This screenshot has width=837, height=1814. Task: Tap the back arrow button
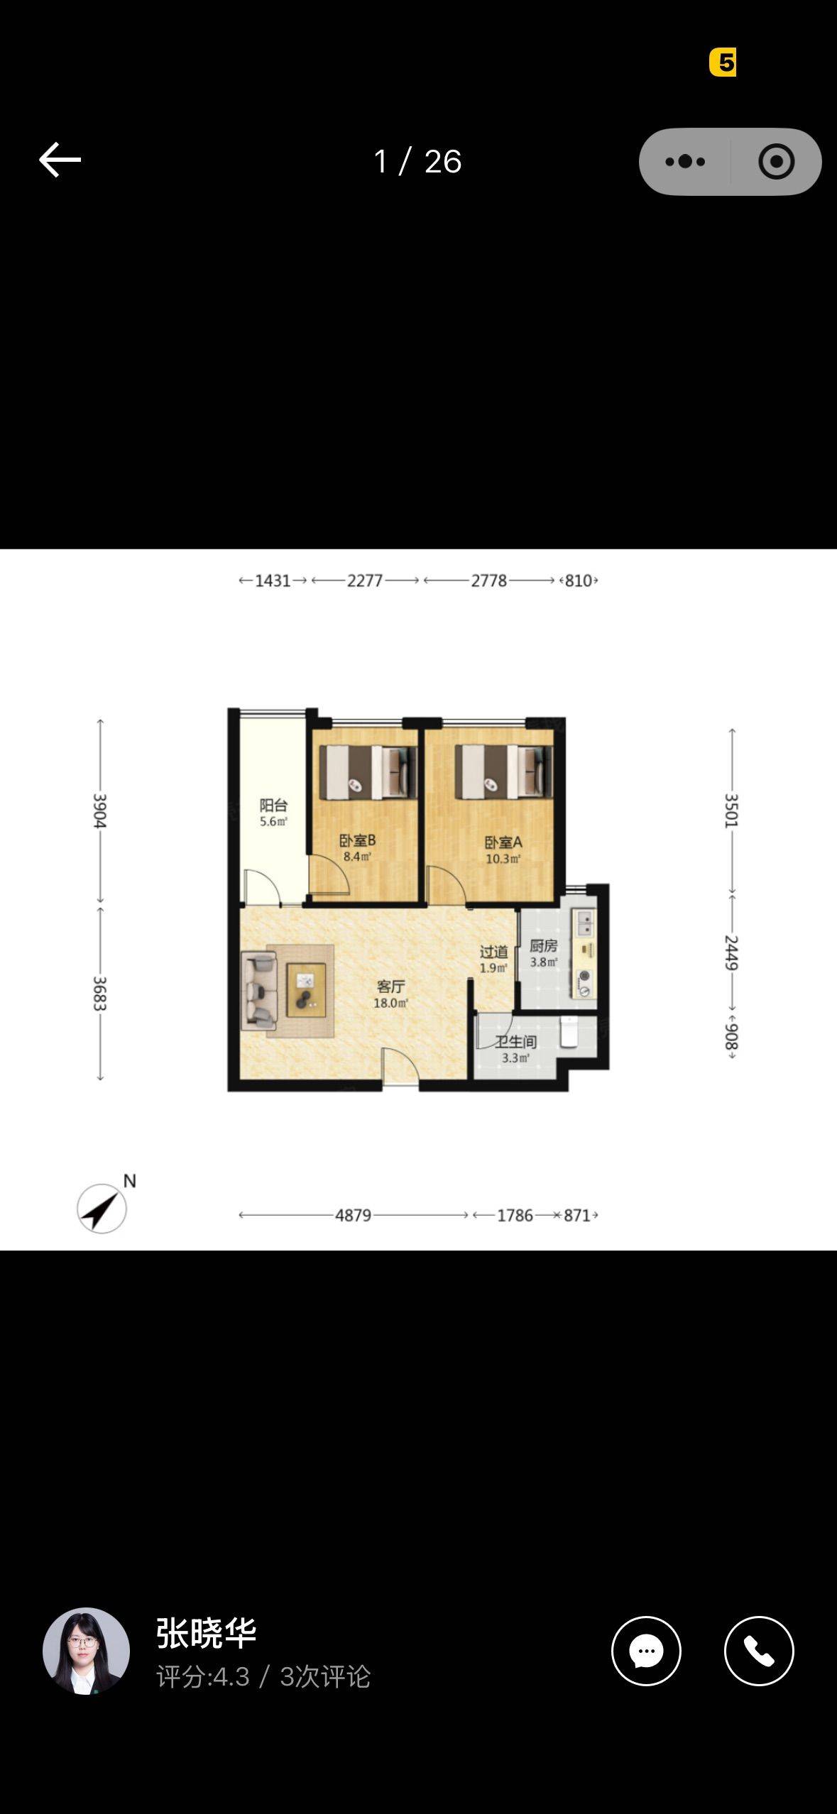coord(60,160)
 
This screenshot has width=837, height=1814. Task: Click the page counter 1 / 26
coord(417,162)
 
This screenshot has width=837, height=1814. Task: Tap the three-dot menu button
coord(685,162)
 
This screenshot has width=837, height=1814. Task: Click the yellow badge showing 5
coord(723,62)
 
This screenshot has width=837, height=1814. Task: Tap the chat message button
coord(646,1651)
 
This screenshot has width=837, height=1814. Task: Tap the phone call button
coord(759,1651)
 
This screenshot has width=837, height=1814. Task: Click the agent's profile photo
coord(86,1651)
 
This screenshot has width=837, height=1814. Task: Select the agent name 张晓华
coord(206,1632)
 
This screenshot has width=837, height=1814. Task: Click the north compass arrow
coord(102,1208)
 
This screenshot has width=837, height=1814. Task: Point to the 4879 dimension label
coord(354,1215)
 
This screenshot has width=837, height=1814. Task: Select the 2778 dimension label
coord(489,581)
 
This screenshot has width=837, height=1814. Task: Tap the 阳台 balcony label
coord(273,805)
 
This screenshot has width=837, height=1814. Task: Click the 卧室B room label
coord(357,841)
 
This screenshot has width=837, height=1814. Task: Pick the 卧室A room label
coord(503,842)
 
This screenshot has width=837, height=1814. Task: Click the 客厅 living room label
coord(390,986)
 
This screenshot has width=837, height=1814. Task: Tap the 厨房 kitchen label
coord(543,946)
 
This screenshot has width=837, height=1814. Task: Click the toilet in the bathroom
coord(569,1032)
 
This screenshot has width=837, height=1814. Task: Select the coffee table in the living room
coord(306,989)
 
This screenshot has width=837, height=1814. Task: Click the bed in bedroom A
coord(503,771)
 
